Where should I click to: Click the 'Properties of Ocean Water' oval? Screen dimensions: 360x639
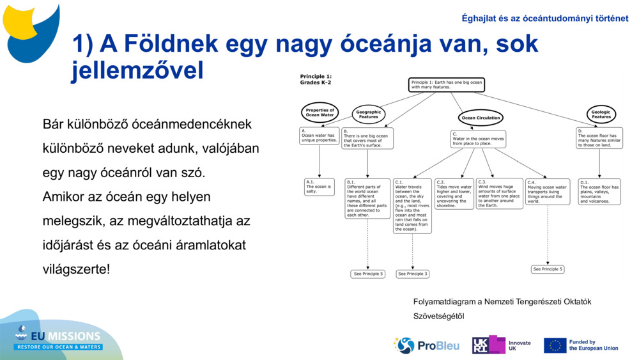(x=319, y=113)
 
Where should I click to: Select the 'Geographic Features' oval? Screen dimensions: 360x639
(x=369, y=114)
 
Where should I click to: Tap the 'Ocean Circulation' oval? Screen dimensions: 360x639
(x=481, y=118)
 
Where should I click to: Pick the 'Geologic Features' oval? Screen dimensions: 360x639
(x=601, y=114)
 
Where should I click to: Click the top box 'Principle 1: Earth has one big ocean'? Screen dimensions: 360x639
(x=447, y=84)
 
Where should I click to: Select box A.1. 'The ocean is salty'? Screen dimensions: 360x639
(x=319, y=186)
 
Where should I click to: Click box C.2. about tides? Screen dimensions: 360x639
(x=454, y=194)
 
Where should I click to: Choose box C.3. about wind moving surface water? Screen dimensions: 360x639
(x=499, y=193)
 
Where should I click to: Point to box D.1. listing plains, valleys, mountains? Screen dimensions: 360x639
(x=600, y=191)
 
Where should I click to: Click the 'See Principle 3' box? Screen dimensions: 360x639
(x=412, y=274)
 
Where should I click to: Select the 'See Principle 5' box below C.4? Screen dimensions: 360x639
(x=548, y=269)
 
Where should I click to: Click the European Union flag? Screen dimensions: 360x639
(x=555, y=345)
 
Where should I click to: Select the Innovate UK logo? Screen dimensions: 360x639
(x=502, y=345)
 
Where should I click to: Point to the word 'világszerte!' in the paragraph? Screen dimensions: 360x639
(x=76, y=269)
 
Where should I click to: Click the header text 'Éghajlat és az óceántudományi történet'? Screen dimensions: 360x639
(x=544, y=19)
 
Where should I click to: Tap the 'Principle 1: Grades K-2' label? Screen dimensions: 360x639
(x=316, y=79)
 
